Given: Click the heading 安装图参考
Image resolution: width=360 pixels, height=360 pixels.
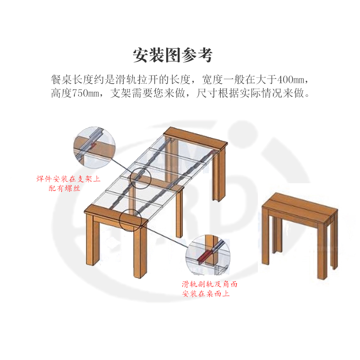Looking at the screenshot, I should (172, 54).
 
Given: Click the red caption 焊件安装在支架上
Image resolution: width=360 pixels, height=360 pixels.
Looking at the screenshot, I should (68, 179).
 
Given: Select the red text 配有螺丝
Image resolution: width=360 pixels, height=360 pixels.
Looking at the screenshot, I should (64, 189).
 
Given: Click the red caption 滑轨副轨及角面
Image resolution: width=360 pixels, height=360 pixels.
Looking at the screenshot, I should (210, 284).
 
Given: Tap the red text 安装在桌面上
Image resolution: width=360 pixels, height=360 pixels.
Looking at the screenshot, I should (207, 294).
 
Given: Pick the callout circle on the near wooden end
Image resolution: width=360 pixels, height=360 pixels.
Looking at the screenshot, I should (131, 220).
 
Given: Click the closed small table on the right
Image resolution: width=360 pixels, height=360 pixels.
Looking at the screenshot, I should (299, 229).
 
